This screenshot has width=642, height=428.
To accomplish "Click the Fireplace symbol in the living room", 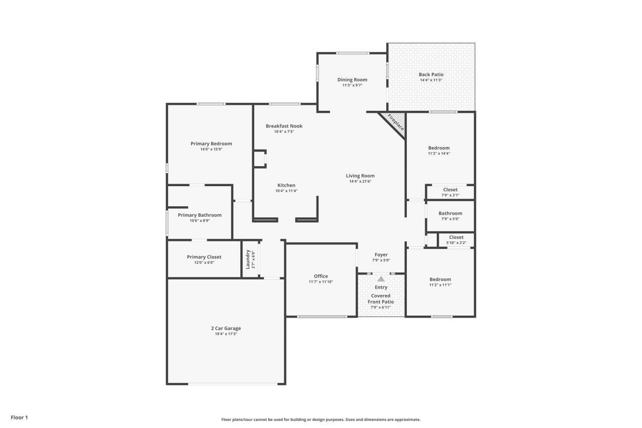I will point(394,122).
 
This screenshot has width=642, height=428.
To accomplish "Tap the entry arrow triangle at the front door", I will point(381,278).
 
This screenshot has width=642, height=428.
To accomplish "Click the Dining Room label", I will point(352,80).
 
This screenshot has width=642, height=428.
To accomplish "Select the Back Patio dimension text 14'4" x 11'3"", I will point(431,80).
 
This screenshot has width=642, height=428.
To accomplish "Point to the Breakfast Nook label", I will point(284,126).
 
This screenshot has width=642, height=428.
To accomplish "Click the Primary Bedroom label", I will point(211,144).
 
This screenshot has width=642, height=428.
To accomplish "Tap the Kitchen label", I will point(286,185).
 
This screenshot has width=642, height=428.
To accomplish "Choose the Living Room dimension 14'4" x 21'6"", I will point(360,181).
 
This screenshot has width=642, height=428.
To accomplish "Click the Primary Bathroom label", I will point(200,215).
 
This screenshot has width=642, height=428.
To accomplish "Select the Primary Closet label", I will point(204,257).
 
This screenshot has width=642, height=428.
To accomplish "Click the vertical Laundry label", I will point(248,259).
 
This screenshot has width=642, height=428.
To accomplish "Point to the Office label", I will point(321,276).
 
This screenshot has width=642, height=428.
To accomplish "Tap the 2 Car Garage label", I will point(226,328).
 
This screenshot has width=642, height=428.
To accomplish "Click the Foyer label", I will point(381,255).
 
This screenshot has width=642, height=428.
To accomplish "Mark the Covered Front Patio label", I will point(381,299).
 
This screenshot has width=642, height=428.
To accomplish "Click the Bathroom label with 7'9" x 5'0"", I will point(450,213).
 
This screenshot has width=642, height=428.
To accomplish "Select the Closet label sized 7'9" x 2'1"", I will point(450,190).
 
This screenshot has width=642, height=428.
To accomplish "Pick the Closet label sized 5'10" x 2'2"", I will point(456,237).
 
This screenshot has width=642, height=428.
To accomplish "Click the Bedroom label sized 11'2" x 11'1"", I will point(440,279).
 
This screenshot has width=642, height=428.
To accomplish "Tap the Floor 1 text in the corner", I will point(20,417).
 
